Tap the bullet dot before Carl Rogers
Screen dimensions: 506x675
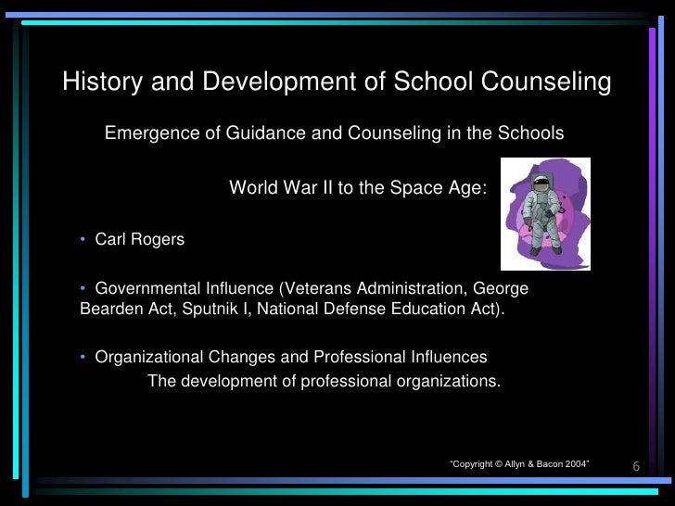(83, 240)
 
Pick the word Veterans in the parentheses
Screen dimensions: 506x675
(316, 288)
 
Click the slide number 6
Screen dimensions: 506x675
(636, 464)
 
